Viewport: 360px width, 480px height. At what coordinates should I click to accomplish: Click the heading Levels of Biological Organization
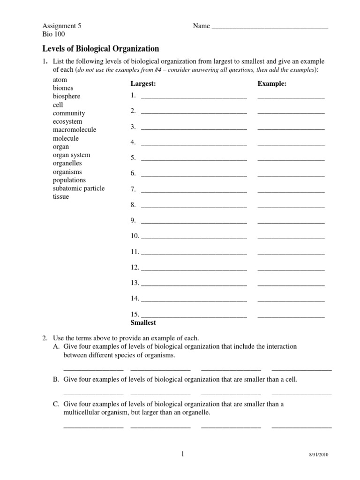point(101,49)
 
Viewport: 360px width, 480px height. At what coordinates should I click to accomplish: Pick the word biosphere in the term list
point(67,96)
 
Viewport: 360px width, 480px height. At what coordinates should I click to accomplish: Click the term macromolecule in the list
point(75,130)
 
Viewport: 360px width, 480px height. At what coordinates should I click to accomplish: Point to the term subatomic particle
point(79,188)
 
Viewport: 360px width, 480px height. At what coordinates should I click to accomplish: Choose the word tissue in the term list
point(61,197)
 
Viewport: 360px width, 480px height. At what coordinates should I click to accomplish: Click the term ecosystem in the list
point(67,121)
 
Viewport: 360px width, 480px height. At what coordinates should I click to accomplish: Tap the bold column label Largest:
point(143,84)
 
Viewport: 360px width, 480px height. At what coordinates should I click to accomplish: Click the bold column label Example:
point(272,84)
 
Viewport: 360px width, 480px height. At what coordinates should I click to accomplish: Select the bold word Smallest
point(143,323)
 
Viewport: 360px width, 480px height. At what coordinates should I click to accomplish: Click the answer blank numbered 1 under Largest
point(194,97)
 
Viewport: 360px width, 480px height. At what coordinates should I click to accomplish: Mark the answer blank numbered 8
point(194,207)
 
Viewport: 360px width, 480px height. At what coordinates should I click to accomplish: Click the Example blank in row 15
point(291,316)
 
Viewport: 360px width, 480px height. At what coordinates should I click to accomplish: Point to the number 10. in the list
point(135,236)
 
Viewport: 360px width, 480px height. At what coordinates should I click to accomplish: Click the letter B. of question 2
point(56,379)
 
